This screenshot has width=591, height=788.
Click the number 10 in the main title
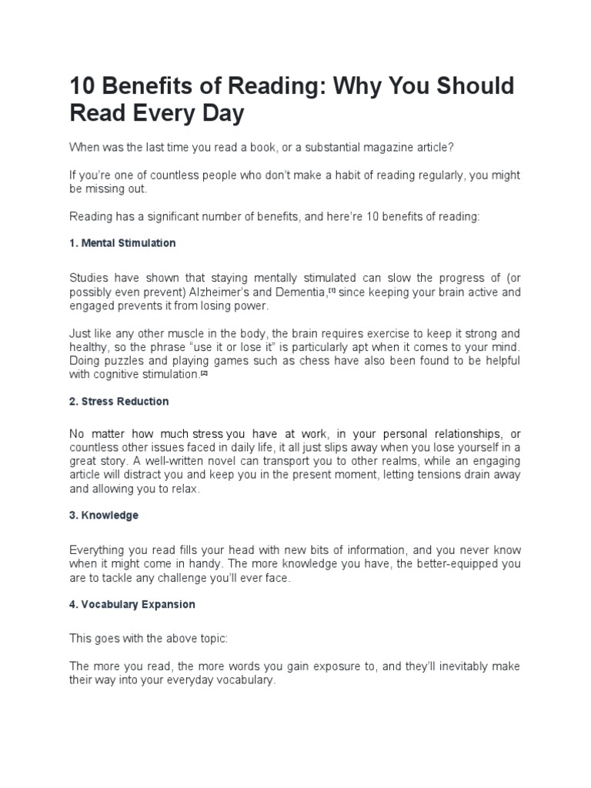click(x=83, y=86)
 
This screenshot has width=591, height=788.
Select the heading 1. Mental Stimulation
click(x=122, y=243)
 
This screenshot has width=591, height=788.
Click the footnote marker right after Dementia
click(x=332, y=290)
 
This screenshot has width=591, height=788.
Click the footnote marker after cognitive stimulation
click(x=205, y=373)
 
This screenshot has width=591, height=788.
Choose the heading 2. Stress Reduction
click(x=119, y=402)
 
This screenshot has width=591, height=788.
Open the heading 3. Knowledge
click(x=104, y=516)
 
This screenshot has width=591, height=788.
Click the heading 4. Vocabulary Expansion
click(x=132, y=605)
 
